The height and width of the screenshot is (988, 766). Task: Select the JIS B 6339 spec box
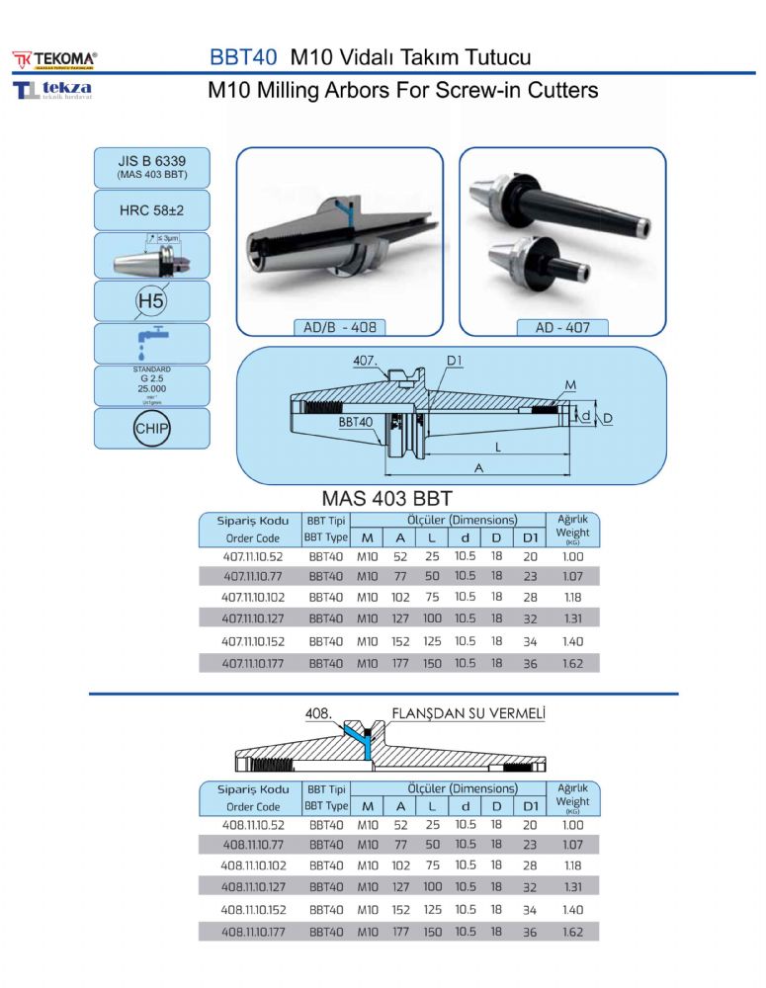[151, 166]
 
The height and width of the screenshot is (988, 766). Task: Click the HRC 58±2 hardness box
[151, 210]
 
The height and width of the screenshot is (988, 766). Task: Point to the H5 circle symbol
[151, 299]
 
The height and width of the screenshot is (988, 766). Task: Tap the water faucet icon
[151, 342]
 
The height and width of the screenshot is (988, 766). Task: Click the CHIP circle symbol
[151, 428]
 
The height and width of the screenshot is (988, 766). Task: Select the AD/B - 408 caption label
[339, 327]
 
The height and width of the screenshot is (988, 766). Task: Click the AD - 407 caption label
[562, 327]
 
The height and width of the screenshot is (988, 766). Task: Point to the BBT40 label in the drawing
[356, 421]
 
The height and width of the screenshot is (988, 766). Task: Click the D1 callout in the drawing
[454, 362]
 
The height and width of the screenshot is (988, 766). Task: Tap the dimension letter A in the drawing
[478, 467]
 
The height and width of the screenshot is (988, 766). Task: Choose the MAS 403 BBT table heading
[387, 498]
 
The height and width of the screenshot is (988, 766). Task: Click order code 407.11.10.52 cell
[253, 556]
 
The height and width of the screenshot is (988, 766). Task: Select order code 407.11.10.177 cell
[253, 663]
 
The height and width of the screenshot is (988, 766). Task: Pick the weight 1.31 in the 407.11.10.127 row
[572, 619]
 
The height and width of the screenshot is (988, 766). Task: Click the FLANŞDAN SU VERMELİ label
[468, 711]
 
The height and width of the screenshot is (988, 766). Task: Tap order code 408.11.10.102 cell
[253, 865]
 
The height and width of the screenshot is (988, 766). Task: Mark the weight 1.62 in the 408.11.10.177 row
[572, 931]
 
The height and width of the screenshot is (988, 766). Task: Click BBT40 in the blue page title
[243, 57]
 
